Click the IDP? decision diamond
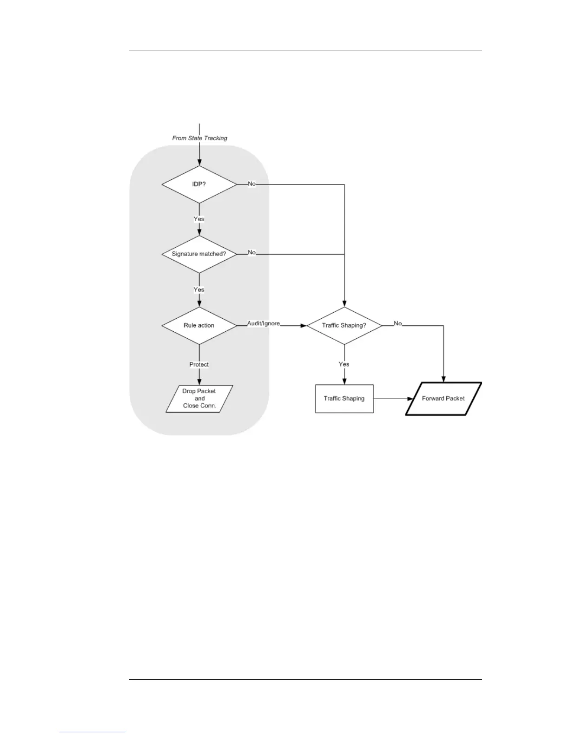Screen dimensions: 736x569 [x=199, y=184]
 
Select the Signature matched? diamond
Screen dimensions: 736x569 [x=199, y=254]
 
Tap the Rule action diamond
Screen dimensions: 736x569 [x=199, y=325]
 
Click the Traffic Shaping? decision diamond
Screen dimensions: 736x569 [x=344, y=325]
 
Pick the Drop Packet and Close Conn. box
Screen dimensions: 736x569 [x=199, y=398]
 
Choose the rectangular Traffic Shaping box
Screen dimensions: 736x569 [x=344, y=398]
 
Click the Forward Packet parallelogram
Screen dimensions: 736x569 [x=443, y=398]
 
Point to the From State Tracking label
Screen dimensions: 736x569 [x=199, y=138]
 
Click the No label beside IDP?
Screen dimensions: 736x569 [x=251, y=184]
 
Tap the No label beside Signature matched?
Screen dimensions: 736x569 [x=251, y=252]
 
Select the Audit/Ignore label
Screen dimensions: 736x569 [x=263, y=323]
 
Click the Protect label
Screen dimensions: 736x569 [x=199, y=364]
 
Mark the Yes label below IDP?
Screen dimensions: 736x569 [x=199, y=219]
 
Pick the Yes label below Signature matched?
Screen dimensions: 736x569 [x=199, y=289]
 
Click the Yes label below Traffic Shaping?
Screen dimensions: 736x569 [x=344, y=364]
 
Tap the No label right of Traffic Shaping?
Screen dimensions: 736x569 [x=398, y=323]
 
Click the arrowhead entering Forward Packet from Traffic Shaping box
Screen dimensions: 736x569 [x=410, y=399]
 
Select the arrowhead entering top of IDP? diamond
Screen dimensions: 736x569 [x=199, y=163]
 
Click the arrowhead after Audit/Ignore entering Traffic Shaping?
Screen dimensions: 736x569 [x=304, y=326]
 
